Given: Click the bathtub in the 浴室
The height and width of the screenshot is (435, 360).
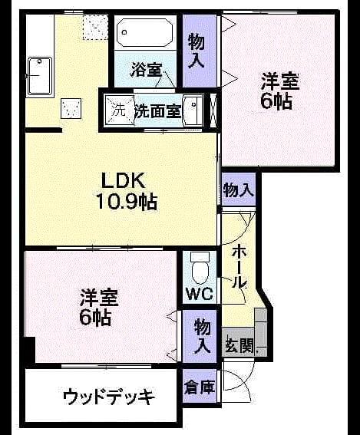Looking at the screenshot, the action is tap(144, 32).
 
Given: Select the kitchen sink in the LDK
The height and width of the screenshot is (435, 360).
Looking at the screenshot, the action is tap(40, 75).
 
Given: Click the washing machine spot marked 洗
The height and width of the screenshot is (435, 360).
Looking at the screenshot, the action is tap(119, 110).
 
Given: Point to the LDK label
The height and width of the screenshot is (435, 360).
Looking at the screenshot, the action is tap(124, 180).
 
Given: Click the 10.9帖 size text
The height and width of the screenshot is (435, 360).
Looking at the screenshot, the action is tap(127, 202).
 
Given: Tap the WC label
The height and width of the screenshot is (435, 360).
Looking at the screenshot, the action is tap(200, 294).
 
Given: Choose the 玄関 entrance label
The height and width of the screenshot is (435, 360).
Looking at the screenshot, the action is tap(239, 346).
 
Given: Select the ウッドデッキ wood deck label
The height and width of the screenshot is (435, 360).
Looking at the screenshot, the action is tap(108, 397).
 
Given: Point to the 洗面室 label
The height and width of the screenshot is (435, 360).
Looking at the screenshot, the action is tap(157, 111).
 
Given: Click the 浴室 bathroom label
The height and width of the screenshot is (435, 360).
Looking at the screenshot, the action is tap(146, 70).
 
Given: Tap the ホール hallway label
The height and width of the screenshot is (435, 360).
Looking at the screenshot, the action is tap(239, 267).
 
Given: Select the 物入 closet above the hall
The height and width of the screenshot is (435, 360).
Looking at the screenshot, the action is tap(239, 190).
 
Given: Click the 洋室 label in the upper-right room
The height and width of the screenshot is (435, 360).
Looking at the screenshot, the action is tap(280, 81).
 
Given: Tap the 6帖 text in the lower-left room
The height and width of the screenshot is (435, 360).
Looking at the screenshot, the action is tap(95, 317).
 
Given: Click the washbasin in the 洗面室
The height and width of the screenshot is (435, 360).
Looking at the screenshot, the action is tap(193, 110).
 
